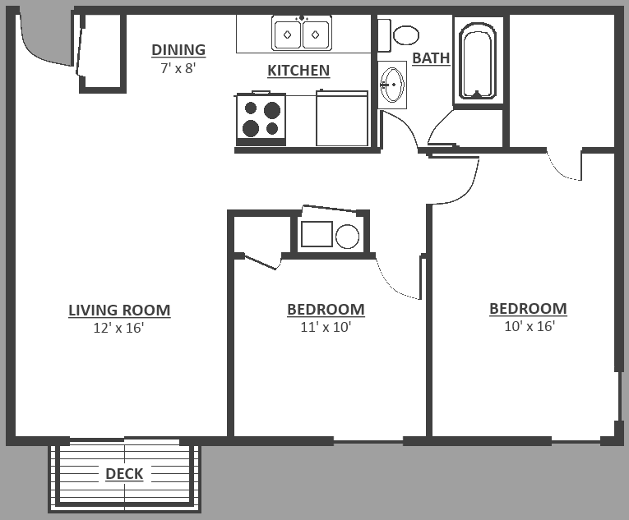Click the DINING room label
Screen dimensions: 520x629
178,50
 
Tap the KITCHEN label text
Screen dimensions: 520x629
298,71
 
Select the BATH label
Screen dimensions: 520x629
431,58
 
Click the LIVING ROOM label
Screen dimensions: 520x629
119,311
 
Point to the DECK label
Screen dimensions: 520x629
124,474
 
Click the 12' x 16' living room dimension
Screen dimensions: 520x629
119,328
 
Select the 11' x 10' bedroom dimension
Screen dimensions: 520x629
326,327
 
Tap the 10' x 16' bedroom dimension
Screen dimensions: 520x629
529,326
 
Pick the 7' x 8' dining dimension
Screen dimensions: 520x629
178,68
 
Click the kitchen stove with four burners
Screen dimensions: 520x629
261,118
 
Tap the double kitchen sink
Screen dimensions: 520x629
302,34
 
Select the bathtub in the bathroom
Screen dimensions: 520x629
477,61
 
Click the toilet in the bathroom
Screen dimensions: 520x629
401,35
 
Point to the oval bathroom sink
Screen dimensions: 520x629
393,85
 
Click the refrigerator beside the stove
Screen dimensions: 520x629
341,120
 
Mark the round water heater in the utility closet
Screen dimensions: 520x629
348,237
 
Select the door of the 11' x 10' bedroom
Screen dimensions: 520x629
399,279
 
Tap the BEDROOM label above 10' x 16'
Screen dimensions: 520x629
528,309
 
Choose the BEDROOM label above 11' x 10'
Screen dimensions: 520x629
326,310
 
